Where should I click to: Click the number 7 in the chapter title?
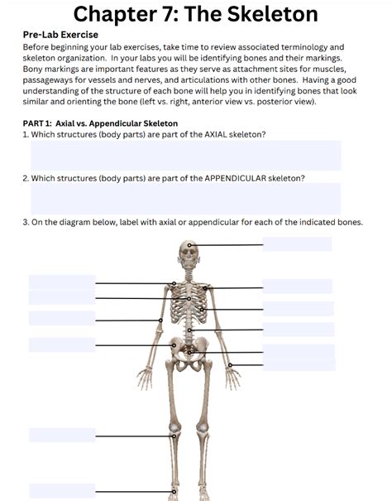pos(166,14)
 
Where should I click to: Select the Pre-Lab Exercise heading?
pos(60,35)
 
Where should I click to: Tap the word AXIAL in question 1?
pos(216,134)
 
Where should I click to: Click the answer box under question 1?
pos(186,156)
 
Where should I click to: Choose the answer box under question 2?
pos(186,199)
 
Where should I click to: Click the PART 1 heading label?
pos(37,123)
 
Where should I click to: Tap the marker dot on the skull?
pos(189,245)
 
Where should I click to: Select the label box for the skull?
pos(297,244)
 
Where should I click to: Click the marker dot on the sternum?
pos(189,299)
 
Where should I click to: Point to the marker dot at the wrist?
pos(230,365)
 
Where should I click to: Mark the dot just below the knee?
pos(174,436)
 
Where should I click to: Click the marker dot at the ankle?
pos(174,492)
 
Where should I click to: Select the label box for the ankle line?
pos(62,491)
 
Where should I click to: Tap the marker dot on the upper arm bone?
pos(160,320)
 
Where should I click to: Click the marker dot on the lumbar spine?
pos(189,330)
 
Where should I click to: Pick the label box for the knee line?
pos(62,436)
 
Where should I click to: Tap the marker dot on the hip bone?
pos(174,345)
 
